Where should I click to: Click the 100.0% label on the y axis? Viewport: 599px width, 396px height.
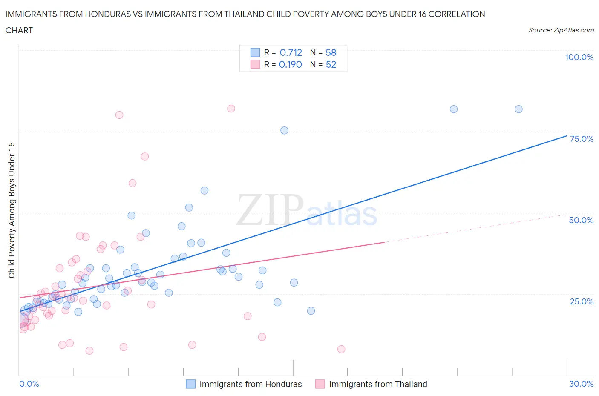coord(579,57)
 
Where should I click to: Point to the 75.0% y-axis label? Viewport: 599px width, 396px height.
coord(582,139)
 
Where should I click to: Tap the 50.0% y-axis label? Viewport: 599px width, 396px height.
coord(581,221)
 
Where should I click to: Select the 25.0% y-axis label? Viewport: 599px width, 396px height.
coord(582,302)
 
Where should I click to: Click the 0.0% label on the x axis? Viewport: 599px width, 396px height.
coord(29,384)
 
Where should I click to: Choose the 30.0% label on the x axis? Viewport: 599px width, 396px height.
coord(581,384)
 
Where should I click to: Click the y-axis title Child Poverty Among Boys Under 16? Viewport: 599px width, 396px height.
coord(12,210)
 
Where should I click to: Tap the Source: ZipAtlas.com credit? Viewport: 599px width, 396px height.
coord(561,30)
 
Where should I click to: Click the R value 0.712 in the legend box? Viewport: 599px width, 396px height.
coord(291,53)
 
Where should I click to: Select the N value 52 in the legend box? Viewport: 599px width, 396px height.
coord(331,65)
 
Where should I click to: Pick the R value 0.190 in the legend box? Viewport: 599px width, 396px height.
coord(290,65)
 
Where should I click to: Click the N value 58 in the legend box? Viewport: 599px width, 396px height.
coord(331,53)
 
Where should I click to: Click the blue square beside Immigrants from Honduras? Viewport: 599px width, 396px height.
coord(191,384)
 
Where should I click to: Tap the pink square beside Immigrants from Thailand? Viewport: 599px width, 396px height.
coord(320,384)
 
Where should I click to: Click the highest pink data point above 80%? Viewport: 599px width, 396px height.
coord(231,109)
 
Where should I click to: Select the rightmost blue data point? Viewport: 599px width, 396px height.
coord(518,109)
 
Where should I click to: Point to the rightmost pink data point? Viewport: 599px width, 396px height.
coord(341,349)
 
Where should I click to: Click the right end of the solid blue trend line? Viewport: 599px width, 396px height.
coord(567,136)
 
